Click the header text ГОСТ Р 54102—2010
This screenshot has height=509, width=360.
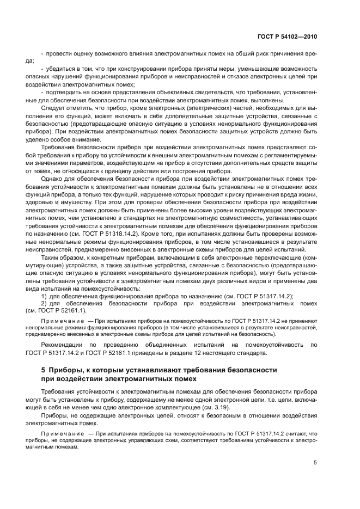click(287, 36)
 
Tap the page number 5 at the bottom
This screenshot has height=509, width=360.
click(315, 463)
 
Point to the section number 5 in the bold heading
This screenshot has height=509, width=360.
click(44, 370)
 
